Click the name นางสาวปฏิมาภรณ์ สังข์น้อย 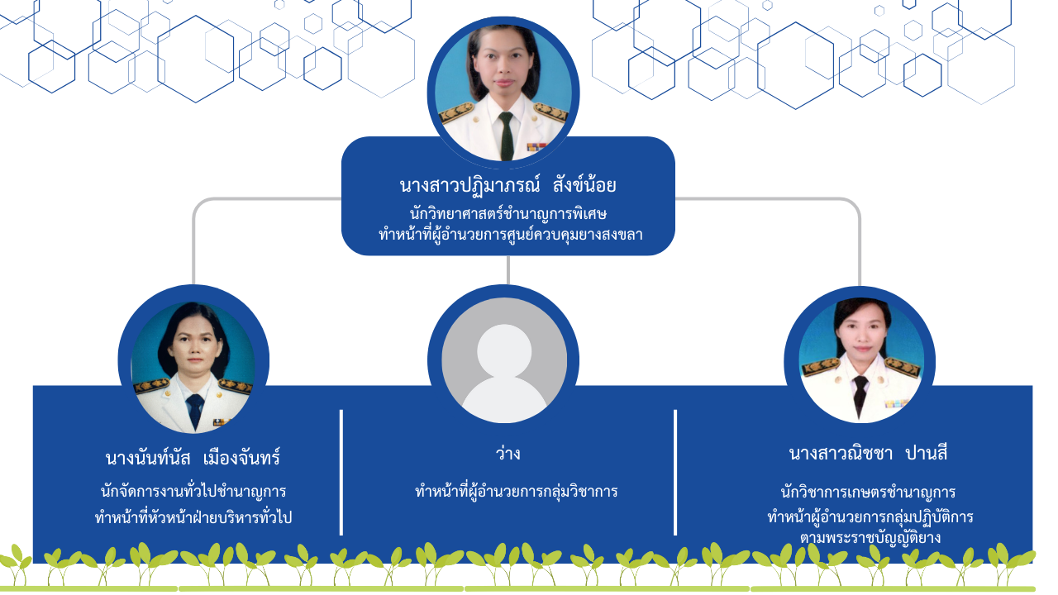click(508, 185)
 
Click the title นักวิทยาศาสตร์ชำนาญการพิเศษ click(508, 214)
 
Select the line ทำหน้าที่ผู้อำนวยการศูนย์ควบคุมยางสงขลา click(511, 235)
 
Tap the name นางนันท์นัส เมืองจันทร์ click(193, 458)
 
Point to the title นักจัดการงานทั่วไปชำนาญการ click(193, 491)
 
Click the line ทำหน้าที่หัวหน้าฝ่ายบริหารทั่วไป click(193, 516)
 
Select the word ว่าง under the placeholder click(508, 454)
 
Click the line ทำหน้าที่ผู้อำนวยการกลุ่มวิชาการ click(517, 491)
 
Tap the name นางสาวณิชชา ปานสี click(868, 454)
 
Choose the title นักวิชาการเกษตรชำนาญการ click(868, 492)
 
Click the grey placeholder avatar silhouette click(504, 373)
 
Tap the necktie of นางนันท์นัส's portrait click(194, 411)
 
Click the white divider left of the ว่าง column click(341, 472)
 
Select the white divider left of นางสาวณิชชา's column click(675, 472)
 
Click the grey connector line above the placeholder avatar click(508, 270)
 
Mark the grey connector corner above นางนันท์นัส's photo click(198, 203)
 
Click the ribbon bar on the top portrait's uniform click(536, 147)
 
